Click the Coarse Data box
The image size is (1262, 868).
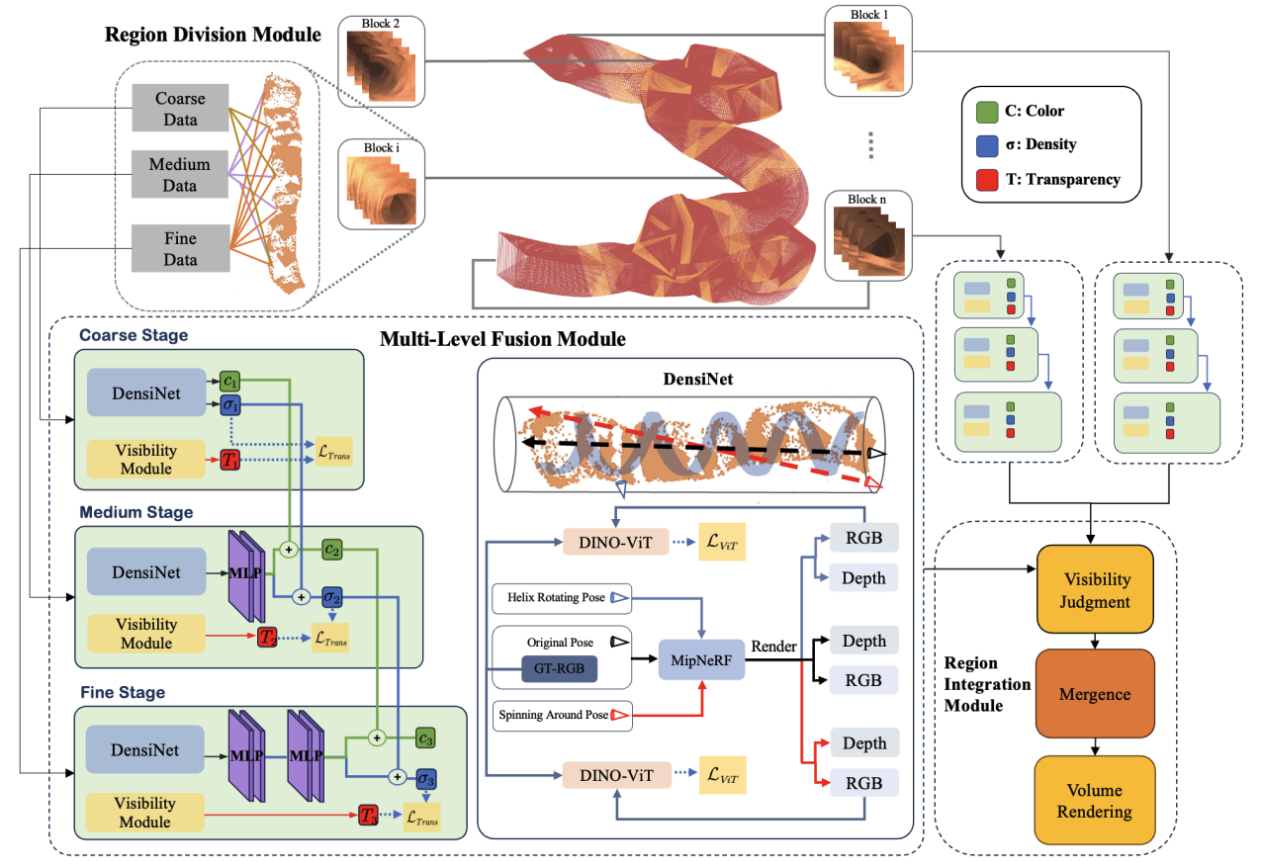(181, 110)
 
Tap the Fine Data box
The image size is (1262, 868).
(181, 248)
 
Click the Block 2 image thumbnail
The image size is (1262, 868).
(382, 59)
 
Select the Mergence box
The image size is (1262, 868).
(1095, 693)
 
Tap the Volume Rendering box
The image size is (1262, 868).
(1095, 800)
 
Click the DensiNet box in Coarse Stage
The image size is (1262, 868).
(145, 393)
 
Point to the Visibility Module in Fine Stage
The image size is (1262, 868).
(144, 813)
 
